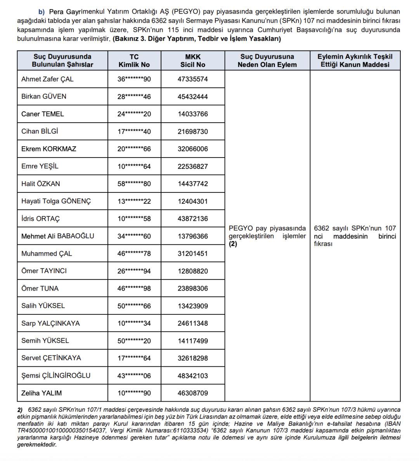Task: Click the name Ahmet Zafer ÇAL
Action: coord(47,79)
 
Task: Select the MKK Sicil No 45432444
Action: coord(193,97)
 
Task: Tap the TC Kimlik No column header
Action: coord(134,61)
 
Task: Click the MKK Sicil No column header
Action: coord(193,61)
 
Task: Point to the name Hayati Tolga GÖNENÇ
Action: coord(56,201)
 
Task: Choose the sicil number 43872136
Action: coord(193,218)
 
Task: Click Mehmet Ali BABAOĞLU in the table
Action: coord(57,236)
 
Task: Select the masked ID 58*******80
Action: coord(134,184)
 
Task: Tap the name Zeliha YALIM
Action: coord(42,393)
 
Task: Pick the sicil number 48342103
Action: coord(193,376)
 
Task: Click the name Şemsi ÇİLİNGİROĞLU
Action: coord(56,376)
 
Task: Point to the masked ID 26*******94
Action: coord(134,271)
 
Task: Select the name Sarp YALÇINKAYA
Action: coord(50,323)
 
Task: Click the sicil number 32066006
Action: coord(193,149)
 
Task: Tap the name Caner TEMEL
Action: coord(43,114)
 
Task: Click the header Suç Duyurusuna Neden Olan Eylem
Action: coord(267,61)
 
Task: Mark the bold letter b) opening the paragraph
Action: coord(42,12)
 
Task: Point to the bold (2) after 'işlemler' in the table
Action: coord(233,244)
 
